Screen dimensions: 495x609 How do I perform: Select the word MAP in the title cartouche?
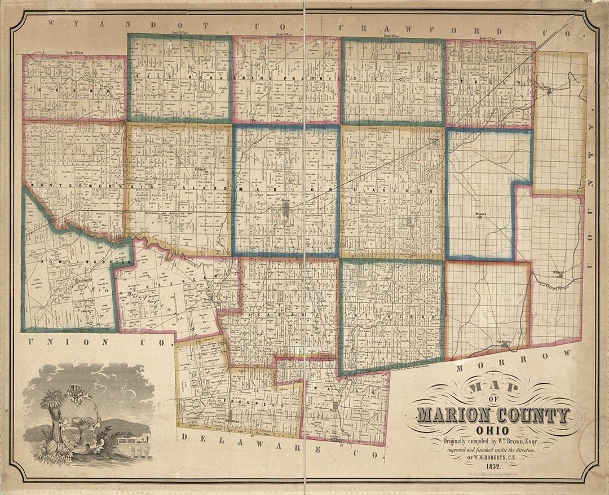pyautogui.click(x=492, y=388)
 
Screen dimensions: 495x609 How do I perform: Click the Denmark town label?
pyautogui.click(x=480, y=214)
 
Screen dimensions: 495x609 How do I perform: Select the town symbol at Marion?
pyautogui.click(x=287, y=211)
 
